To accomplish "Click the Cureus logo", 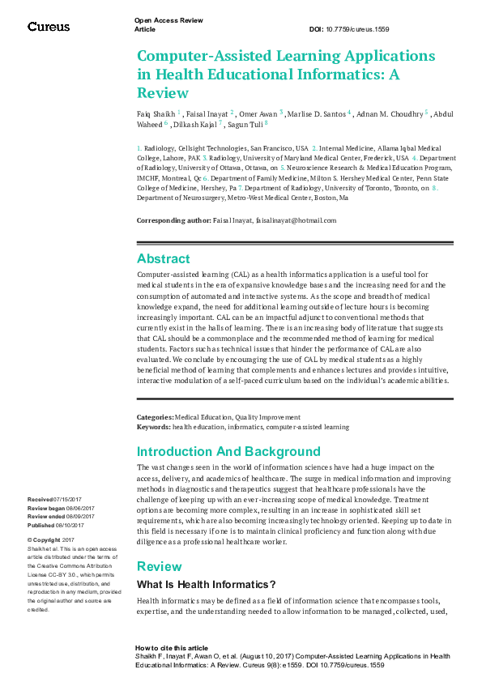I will coord(49,27).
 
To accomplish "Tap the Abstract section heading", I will coord(164,259).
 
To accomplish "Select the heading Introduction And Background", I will coord(228,451).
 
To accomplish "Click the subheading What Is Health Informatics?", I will coord(207,584).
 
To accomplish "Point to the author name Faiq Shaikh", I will coord(156,114).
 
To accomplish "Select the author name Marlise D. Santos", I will coord(316,114).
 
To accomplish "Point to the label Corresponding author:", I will coord(173,220).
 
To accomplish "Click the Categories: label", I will coord(156,417).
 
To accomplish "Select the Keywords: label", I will coord(154,426).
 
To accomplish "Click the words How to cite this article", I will coord(171,649).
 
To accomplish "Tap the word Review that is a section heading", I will coord(159,566).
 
